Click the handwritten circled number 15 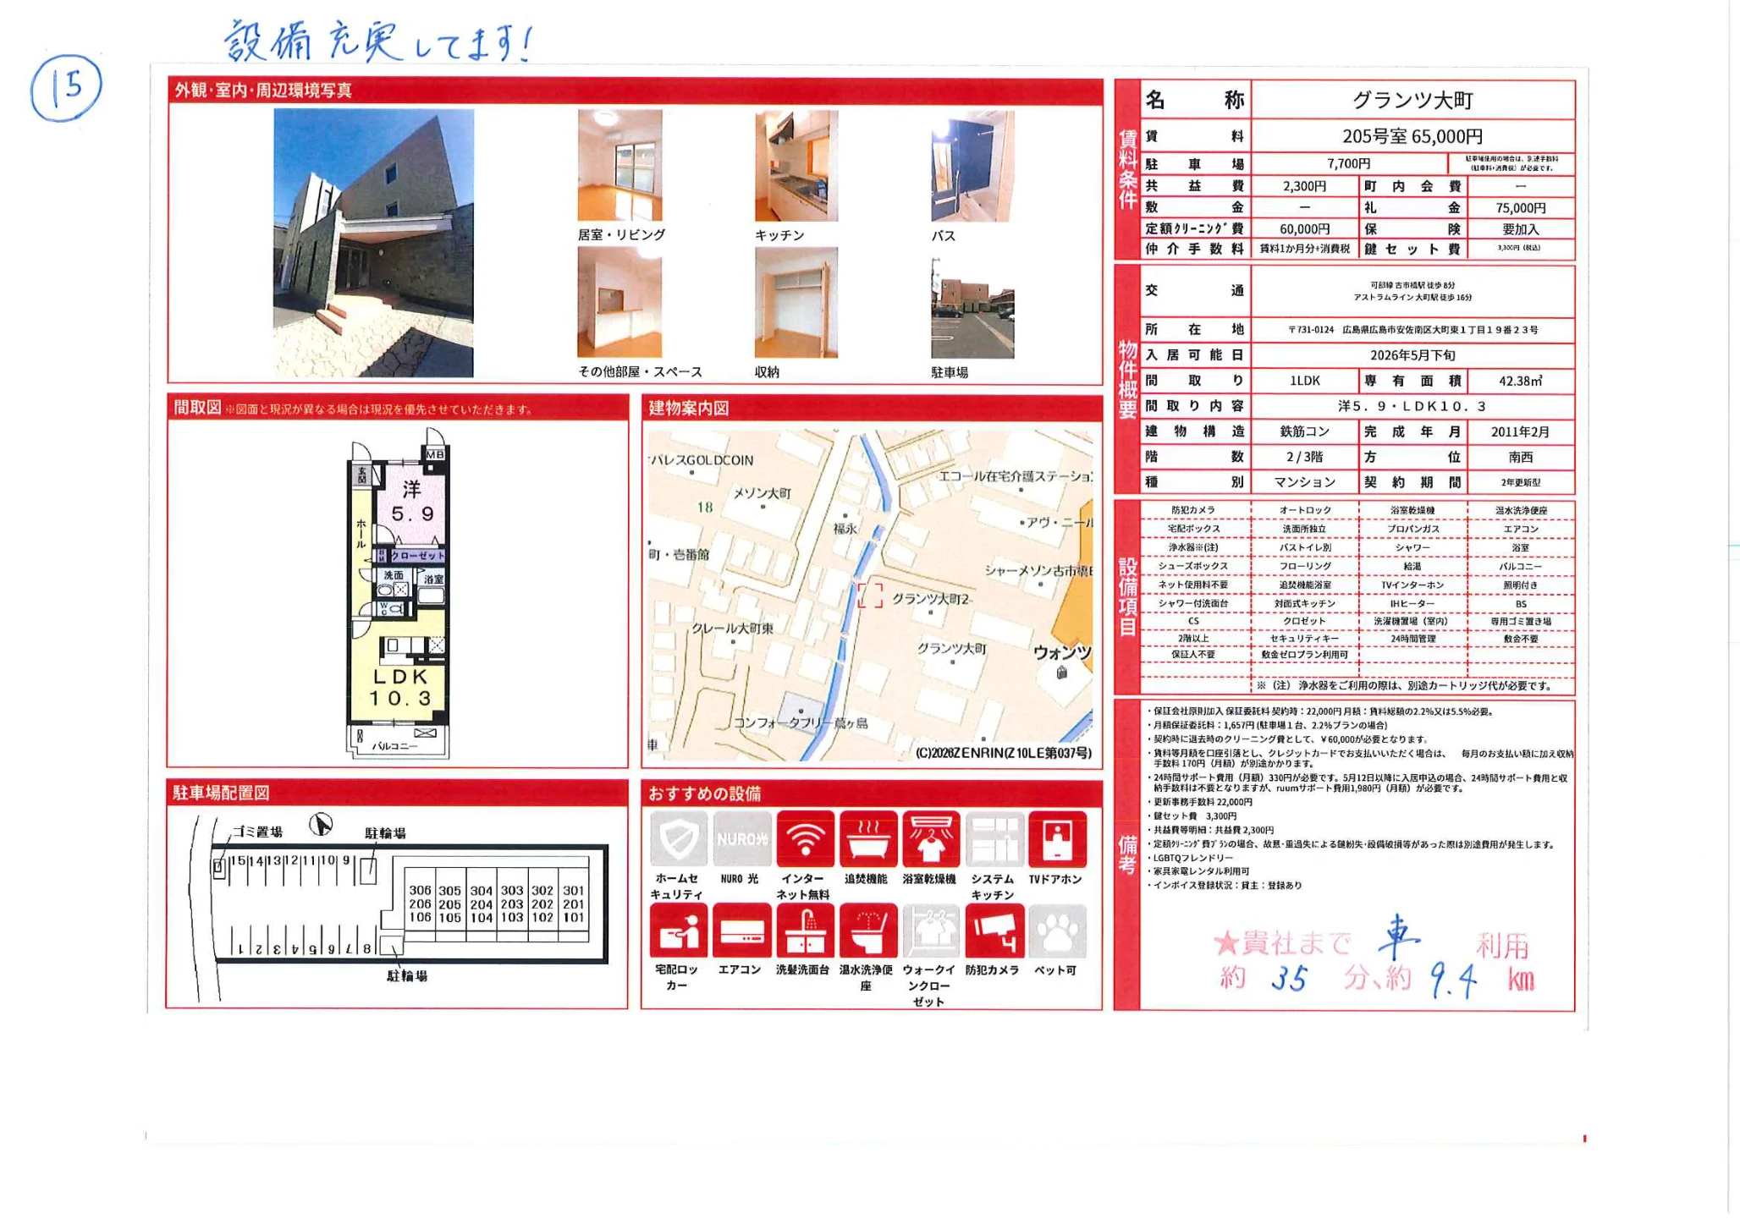(66, 86)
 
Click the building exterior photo (373, 243)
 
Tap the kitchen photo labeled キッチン (796, 166)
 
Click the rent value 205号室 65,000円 (1412, 136)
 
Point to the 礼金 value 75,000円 (1520, 208)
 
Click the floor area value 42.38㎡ (1520, 382)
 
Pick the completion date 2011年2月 (1520, 432)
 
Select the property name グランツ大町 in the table (1412, 101)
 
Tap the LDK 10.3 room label (400, 688)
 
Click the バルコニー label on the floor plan (394, 747)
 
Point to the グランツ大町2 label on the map (929, 599)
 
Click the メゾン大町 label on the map (762, 493)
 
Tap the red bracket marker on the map (869, 596)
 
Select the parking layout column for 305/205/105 (450, 903)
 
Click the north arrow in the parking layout (321, 824)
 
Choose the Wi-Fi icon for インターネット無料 (805, 838)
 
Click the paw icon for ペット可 (1057, 931)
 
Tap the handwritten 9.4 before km (1453, 981)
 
